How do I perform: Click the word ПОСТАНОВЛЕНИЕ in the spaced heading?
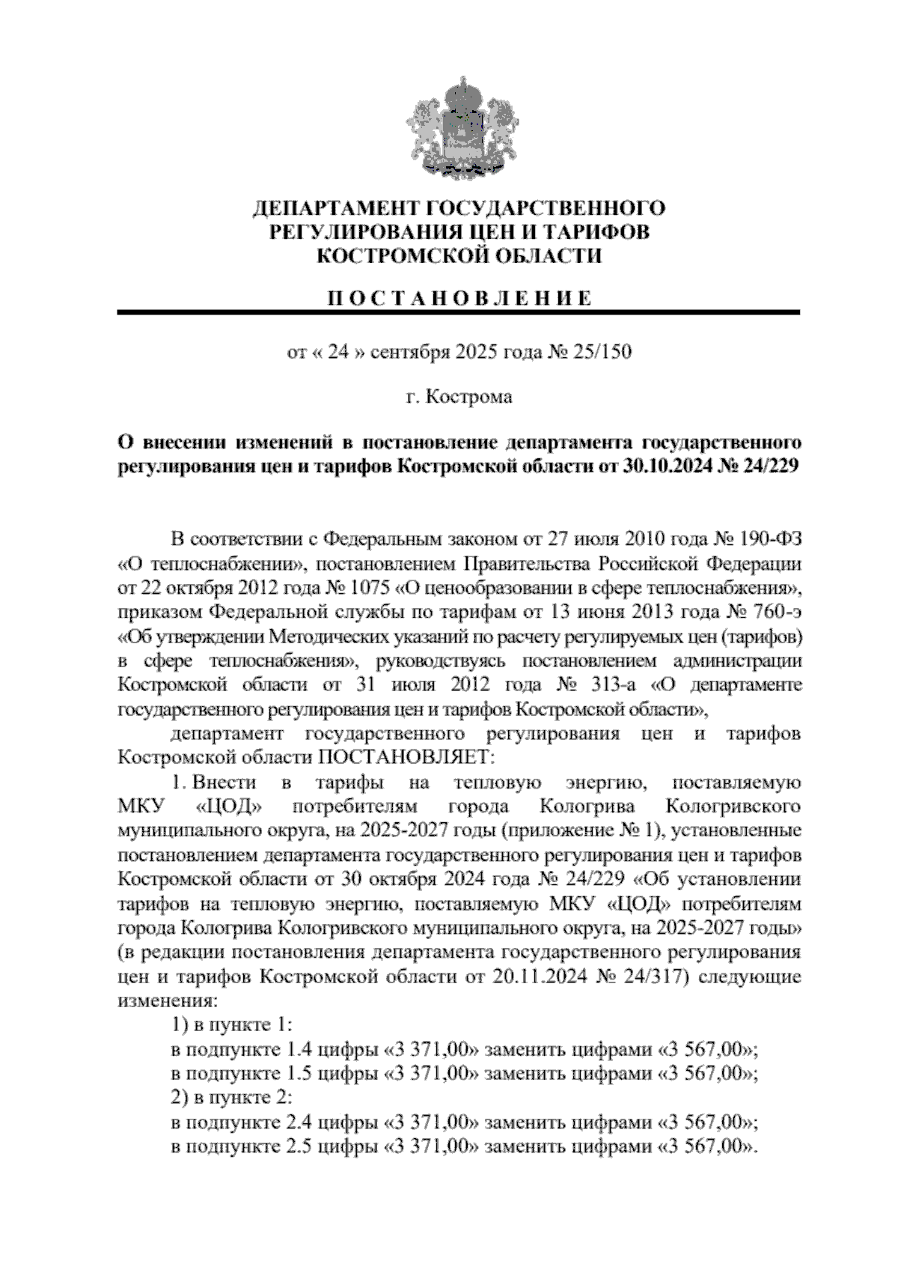pos(459,298)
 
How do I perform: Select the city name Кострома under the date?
pos(469,397)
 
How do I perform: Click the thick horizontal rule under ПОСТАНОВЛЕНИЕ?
pos(459,313)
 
